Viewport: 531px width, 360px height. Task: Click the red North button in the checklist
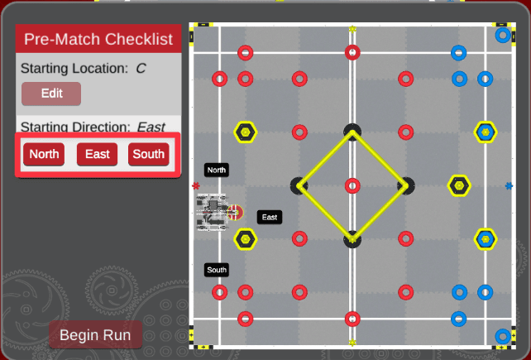pyautogui.click(x=44, y=154)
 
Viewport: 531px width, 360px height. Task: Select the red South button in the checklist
pyautogui.click(x=149, y=154)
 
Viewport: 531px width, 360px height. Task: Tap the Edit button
pyautogui.click(x=51, y=94)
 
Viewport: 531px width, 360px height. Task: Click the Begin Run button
pyautogui.click(x=96, y=336)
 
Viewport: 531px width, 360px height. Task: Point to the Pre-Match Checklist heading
pyautogui.click(x=98, y=39)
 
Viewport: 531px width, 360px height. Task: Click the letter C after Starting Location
pyautogui.click(x=141, y=68)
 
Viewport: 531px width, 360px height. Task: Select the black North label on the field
pyautogui.click(x=217, y=170)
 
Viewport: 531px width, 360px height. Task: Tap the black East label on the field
pyautogui.click(x=269, y=217)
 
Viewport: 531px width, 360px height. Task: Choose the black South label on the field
pyautogui.click(x=217, y=270)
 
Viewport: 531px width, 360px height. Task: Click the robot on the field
pyautogui.click(x=214, y=212)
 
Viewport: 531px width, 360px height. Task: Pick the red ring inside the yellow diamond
pyautogui.click(x=352, y=185)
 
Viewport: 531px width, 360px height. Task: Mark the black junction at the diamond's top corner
pyautogui.click(x=352, y=131)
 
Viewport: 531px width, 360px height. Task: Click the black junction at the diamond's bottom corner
pyautogui.click(x=352, y=240)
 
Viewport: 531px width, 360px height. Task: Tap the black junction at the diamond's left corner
pyautogui.click(x=299, y=185)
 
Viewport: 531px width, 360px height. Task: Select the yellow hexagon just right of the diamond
pyautogui.click(x=459, y=185)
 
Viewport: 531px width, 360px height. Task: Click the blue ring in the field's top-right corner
pyautogui.click(x=502, y=36)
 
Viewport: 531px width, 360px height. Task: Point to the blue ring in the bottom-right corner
pyautogui.click(x=502, y=336)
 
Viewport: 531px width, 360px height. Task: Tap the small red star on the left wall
pyautogui.click(x=196, y=185)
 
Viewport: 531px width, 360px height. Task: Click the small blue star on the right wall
pyautogui.click(x=509, y=185)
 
